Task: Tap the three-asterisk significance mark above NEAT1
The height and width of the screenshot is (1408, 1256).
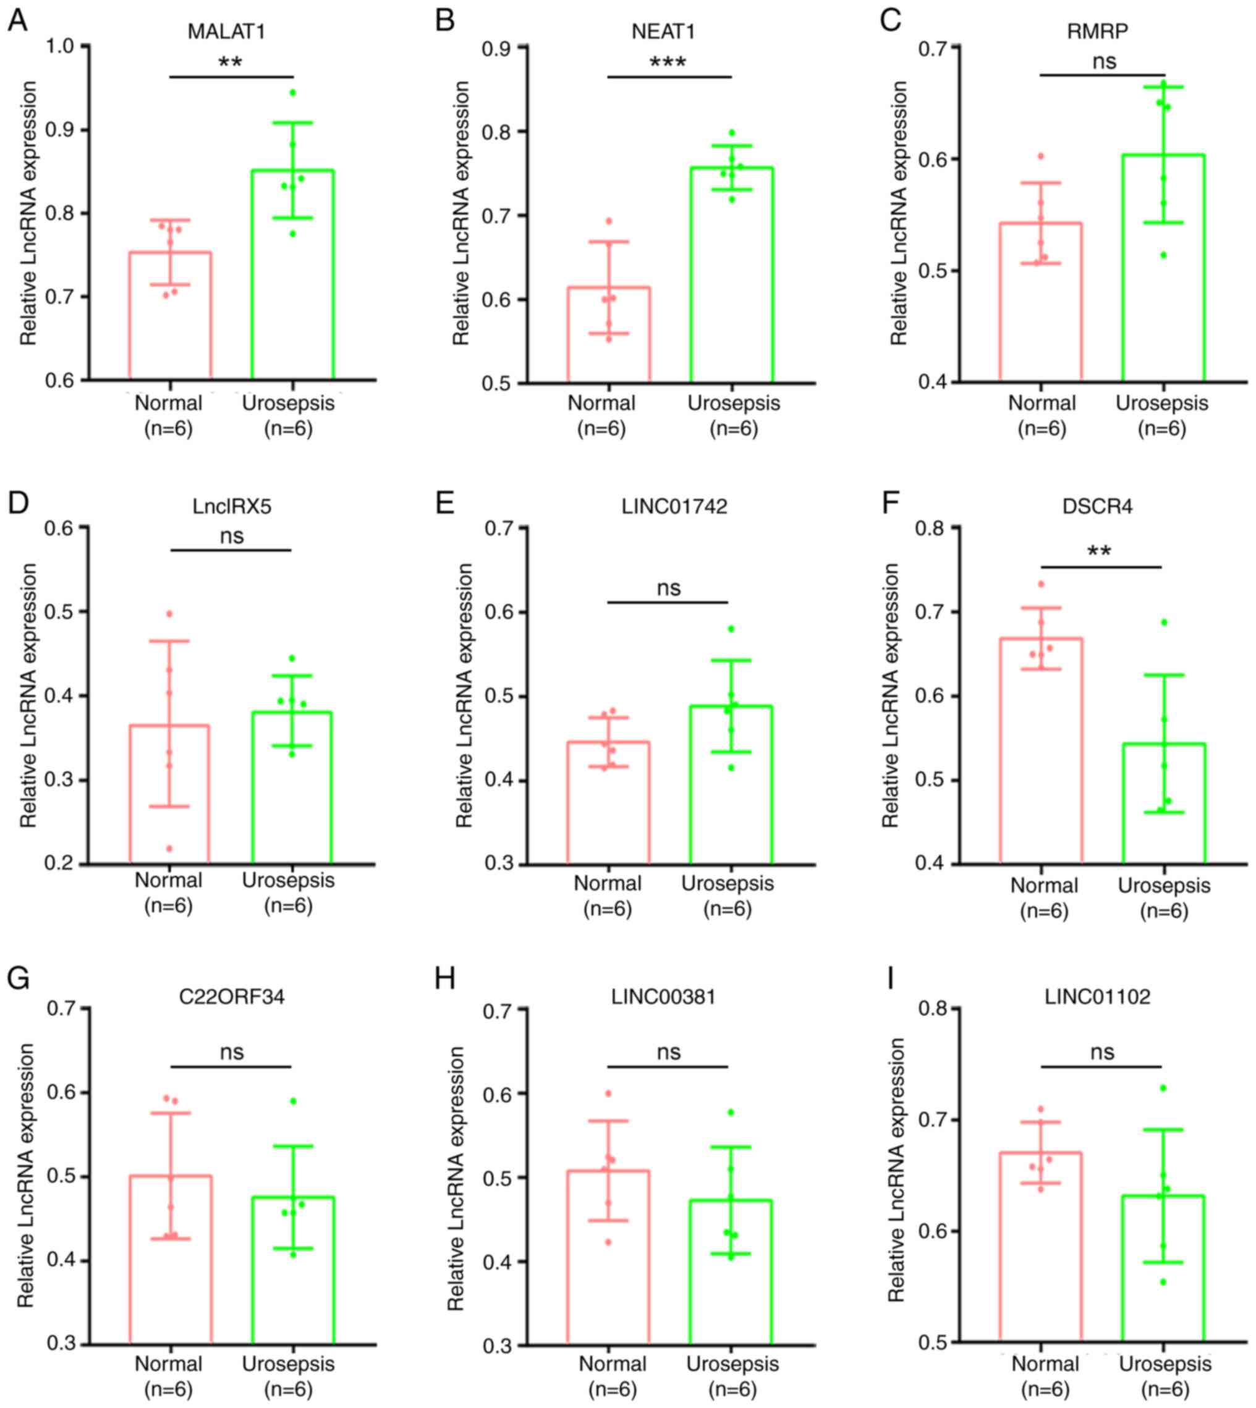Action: coord(668,64)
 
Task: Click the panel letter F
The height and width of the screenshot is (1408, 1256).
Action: coord(890,503)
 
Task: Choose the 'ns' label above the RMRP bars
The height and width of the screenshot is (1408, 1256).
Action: coord(1104,61)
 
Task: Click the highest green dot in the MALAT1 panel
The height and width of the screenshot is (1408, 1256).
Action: coord(292,93)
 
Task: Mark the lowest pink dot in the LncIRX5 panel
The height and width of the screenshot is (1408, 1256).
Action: coord(170,848)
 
